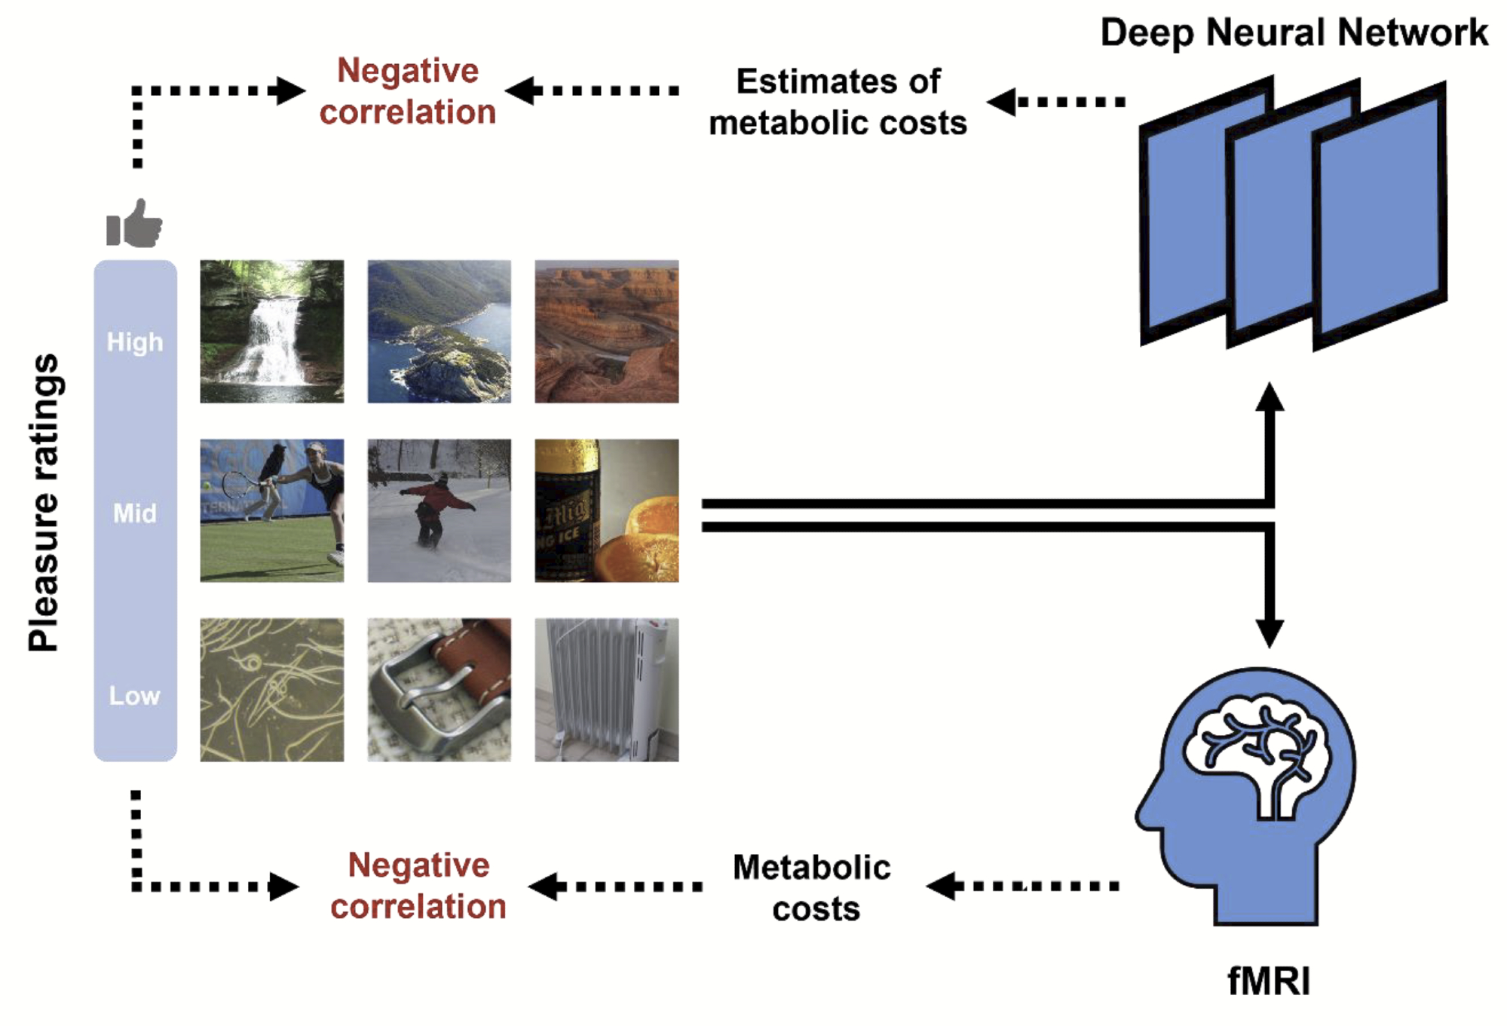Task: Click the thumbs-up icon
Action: coord(134,224)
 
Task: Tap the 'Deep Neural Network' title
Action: coord(1294,33)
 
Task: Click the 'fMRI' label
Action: coord(1269,981)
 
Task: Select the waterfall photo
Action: coord(271,332)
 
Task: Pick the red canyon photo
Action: coord(606,332)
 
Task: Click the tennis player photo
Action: coord(271,510)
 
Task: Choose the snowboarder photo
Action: coord(439,510)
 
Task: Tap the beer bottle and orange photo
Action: coord(606,510)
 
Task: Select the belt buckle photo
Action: coord(439,689)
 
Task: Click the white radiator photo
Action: coord(606,689)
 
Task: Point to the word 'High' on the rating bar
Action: coord(135,342)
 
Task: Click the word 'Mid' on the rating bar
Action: coord(135,513)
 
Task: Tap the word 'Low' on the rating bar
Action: coord(135,695)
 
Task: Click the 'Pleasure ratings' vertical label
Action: coord(44,502)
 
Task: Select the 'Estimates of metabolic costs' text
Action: coord(838,102)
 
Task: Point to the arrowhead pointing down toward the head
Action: coord(1270,633)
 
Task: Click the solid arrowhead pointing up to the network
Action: coord(1270,397)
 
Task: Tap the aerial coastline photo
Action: coord(439,332)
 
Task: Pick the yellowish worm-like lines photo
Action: coord(271,689)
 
